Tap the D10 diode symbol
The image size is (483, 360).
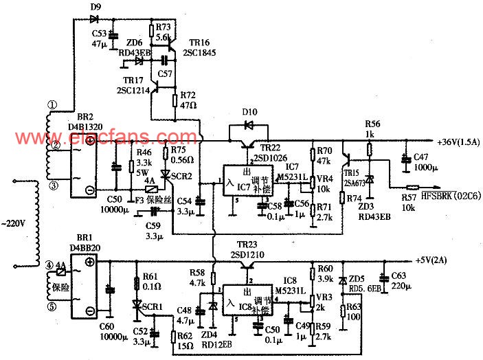pyautogui.click(x=248, y=126)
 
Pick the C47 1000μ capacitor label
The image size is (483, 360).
pyautogui.click(x=426, y=162)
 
